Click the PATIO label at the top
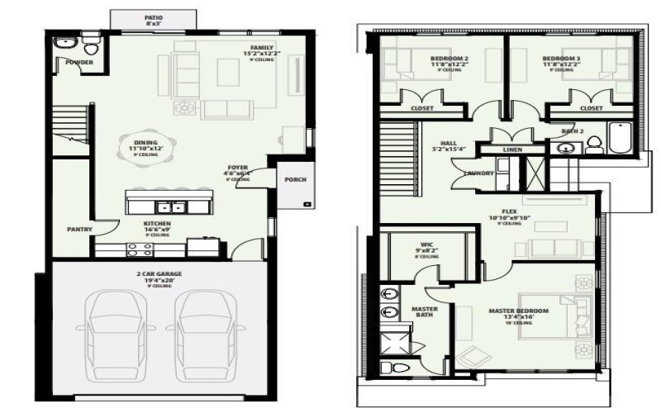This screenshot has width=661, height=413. (153, 17)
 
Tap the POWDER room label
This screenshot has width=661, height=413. (79, 62)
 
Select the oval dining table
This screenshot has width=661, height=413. (146, 147)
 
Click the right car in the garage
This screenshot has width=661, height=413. (202, 329)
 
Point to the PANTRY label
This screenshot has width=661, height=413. (79, 229)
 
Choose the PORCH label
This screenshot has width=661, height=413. (295, 179)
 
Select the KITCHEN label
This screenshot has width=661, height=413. (157, 224)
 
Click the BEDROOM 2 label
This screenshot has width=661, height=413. (449, 59)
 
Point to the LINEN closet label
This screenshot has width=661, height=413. (512, 150)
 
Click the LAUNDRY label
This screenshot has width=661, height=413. (479, 173)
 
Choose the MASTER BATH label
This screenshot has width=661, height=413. (424, 311)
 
